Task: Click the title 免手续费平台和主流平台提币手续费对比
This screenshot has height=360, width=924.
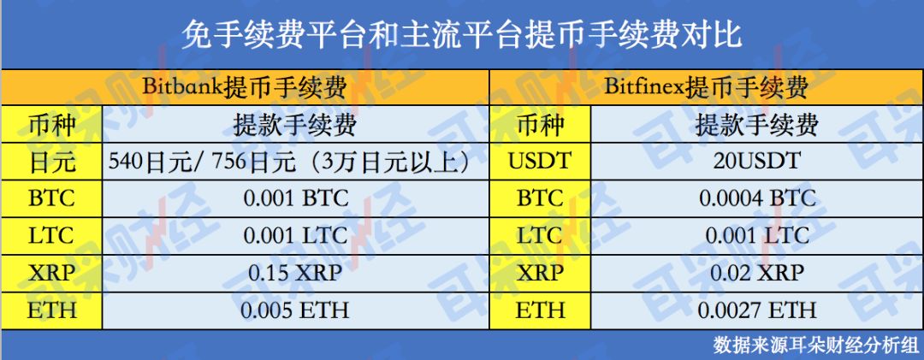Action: tap(461, 35)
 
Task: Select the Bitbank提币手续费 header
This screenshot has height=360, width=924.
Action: tap(244, 88)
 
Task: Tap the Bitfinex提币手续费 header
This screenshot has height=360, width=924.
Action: tap(705, 88)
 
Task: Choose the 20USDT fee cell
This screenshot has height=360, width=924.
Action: tap(757, 161)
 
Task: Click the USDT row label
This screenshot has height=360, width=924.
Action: tap(540, 161)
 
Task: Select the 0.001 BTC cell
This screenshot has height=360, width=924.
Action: tap(296, 198)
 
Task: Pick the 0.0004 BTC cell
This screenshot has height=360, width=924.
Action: tap(757, 198)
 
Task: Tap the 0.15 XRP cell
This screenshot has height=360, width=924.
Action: tap(296, 273)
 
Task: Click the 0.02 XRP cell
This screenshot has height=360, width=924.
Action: tap(757, 273)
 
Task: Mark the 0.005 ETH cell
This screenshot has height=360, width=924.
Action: tap(296, 310)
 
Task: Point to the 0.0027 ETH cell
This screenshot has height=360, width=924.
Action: tap(757, 310)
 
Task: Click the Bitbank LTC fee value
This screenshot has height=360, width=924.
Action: tap(296, 236)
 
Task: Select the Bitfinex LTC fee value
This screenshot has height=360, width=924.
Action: tap(757, 236)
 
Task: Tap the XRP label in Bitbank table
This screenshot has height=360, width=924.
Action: tap(52, 273)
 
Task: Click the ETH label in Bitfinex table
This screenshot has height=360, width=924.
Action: tap(540, 310)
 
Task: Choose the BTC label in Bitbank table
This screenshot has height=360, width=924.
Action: tap(52, 198)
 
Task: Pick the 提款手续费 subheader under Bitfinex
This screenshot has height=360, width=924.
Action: tap(757, 125)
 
